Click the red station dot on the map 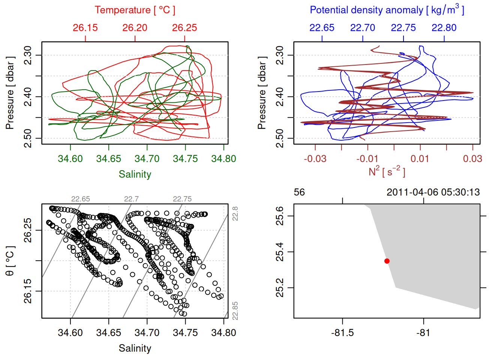pyautogui.click(x=387, y=261)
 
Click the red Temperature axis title pyautogui.click(x=135, y=10)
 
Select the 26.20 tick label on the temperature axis pyautogui.click(x=135, y=28)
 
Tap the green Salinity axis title pyautogui.click(x=135, y=174)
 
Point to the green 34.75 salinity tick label pyautogui.click(x=185, y=159)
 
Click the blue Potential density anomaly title pyautogui.click(x=387, y=10)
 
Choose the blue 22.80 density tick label pyautogui.click(x=444, y=28)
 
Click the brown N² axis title pyautogui.click(x=387, y=172)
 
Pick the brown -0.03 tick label pyautogui.click(x=315, y=159)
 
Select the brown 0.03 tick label pyautogui.click(x=472, y=159)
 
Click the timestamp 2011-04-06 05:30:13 pyautogui.click(x=433, y=192)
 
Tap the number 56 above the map pyautogui.click(x=299, y=192)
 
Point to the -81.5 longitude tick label pyautogui.click(x=342, y=333)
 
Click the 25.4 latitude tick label pyautogui.click(x=280, y=252)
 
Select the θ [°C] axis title pyautogui.click(x=10, y=261)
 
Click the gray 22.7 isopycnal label pyautogui.click(x=131, y=199)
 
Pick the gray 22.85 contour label pyautogui.click(x=235, y=311)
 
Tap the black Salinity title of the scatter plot pyautogui.click(x=135, y=348)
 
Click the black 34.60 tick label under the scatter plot pyautogui.click(x=70, y=333)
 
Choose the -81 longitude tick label pyautogui.click(x=423, y=333)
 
